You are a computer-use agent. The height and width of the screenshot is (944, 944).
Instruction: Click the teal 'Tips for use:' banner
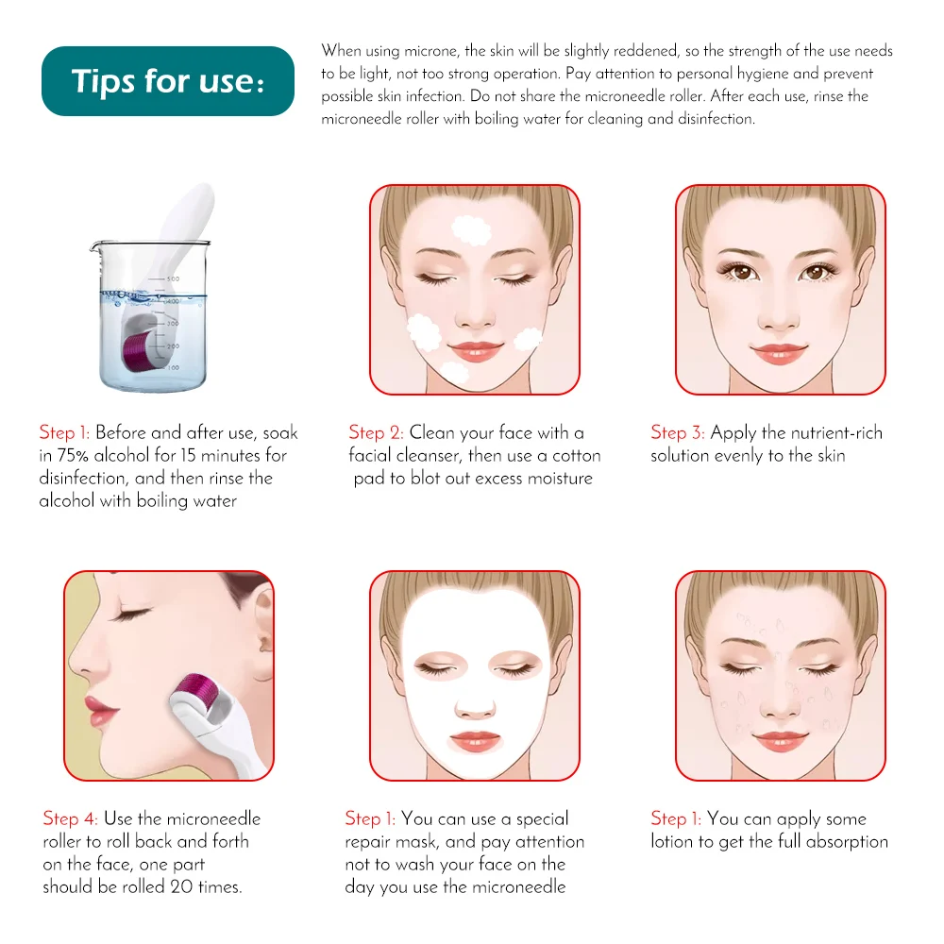168,81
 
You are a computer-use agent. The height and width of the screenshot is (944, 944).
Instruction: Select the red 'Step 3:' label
677,433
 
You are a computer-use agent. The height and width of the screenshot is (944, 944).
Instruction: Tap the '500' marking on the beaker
173,279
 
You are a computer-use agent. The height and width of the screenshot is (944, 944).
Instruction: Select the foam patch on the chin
455,371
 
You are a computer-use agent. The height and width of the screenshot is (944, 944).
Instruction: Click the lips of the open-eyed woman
780,354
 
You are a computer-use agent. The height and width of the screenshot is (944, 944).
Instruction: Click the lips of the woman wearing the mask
474,739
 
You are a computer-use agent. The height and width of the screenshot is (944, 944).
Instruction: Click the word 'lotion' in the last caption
675,842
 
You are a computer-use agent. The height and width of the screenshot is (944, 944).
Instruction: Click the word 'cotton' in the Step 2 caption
575,456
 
